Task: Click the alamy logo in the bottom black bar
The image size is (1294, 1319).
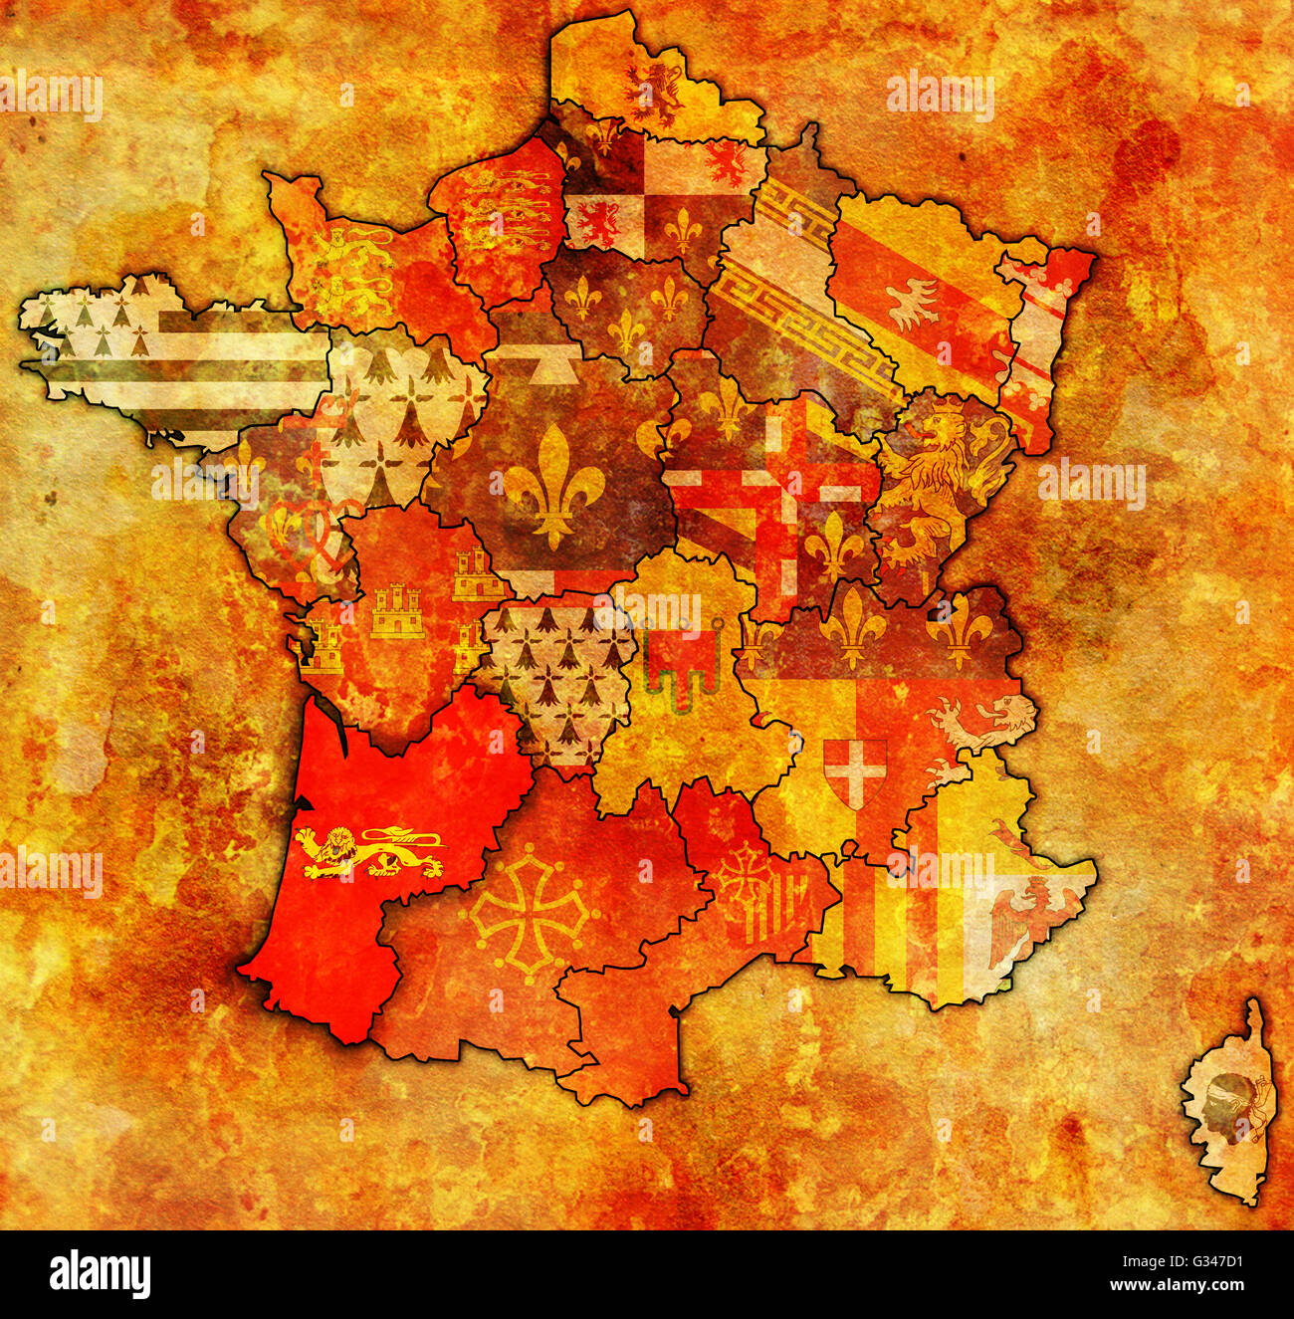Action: coord(101,1275)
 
